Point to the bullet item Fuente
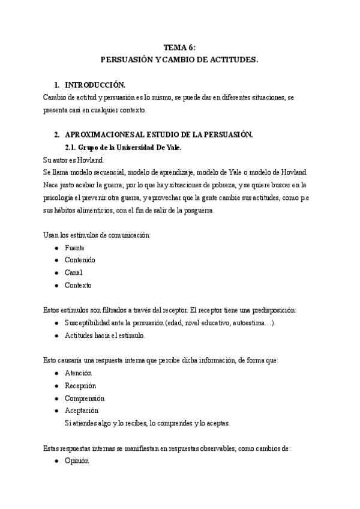(74, 247)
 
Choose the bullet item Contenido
(80, 260)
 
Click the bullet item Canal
(74, 273)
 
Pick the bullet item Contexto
(79, 285)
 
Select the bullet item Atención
(78, 373)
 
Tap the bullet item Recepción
(80, 385)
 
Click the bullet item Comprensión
(85, 398)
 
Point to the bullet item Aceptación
(82, 411)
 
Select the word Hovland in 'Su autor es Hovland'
(91, 160)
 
